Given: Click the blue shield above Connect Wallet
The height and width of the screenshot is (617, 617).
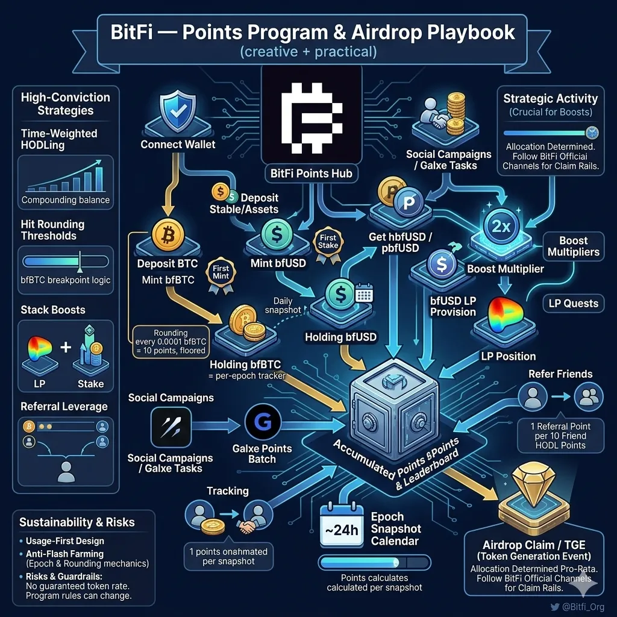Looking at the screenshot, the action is (x=178, y=111).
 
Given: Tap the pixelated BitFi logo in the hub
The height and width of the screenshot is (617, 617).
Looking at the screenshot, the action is (x=312, y=117).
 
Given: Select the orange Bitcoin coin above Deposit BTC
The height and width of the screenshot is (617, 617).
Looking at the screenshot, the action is (x=168, y=235).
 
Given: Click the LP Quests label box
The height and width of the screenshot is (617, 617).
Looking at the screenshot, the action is (x=574, y=304).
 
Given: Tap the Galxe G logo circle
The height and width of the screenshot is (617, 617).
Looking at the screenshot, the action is (x=263, y=422).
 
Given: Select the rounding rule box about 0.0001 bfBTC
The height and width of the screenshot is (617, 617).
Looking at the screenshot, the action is (x=171, y=342).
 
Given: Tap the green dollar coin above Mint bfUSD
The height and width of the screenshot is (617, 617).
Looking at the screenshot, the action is (x=277, y=234).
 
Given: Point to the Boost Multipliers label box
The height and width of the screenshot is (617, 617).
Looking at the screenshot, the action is (x=574, y=246).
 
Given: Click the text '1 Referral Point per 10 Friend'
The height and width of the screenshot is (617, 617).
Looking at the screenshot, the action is (x=560, y=431).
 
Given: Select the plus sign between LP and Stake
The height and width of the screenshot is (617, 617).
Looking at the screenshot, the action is (x=66, y=346).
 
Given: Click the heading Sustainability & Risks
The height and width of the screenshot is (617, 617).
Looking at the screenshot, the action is (x=77, y=522).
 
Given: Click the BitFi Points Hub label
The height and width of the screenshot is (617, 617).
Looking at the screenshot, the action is (x=312, y=174).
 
